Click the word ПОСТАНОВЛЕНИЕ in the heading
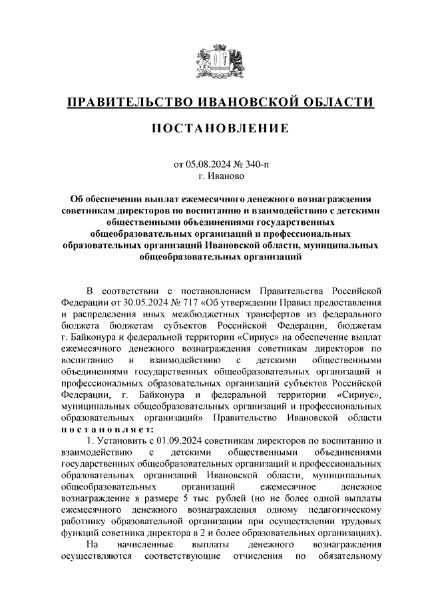213,127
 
